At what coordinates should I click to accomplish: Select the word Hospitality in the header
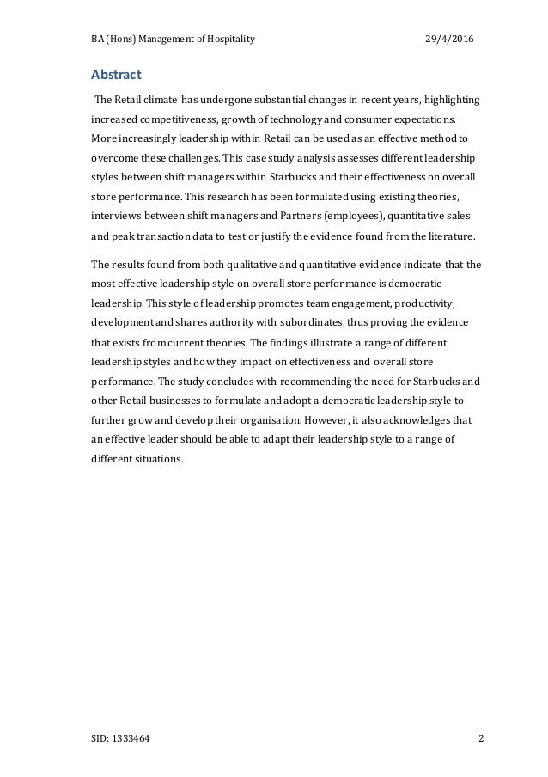(226, 40)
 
